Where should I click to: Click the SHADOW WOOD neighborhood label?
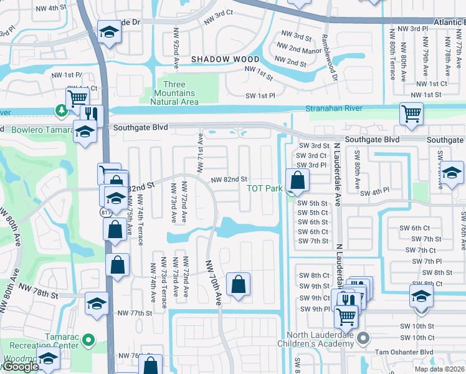(x=216, y=59)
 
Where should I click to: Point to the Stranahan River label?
(x=334, y=108)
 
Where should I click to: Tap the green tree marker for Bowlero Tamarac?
(x=62, y=110)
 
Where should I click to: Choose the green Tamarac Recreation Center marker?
(x=88, y=340)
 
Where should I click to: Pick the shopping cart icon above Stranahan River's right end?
(x=411, y=114)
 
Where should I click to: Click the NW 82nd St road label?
(x=230, y=180)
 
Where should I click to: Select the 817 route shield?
(x=103, y=213)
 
